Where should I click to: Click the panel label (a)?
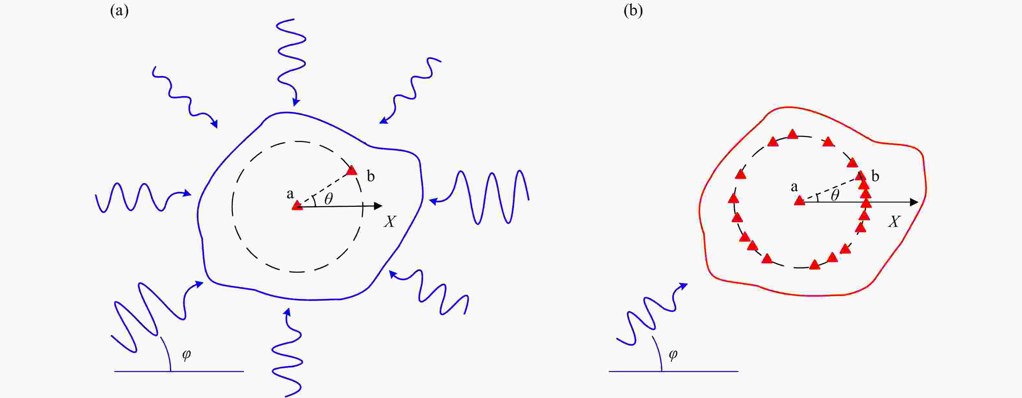119,11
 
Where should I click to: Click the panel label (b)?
633,11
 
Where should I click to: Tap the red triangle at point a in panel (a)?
297,205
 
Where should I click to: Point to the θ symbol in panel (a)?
328,199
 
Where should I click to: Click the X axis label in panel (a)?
390,221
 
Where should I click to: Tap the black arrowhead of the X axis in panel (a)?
378,206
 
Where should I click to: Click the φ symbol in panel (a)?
187,354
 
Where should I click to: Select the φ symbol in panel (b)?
673,354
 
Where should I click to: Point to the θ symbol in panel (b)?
835,195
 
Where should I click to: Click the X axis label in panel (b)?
894,221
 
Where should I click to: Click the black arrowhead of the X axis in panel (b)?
914,202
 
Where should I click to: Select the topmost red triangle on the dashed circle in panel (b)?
793,134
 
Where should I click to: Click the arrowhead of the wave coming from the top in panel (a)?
296,102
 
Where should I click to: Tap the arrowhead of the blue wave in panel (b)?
684,286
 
